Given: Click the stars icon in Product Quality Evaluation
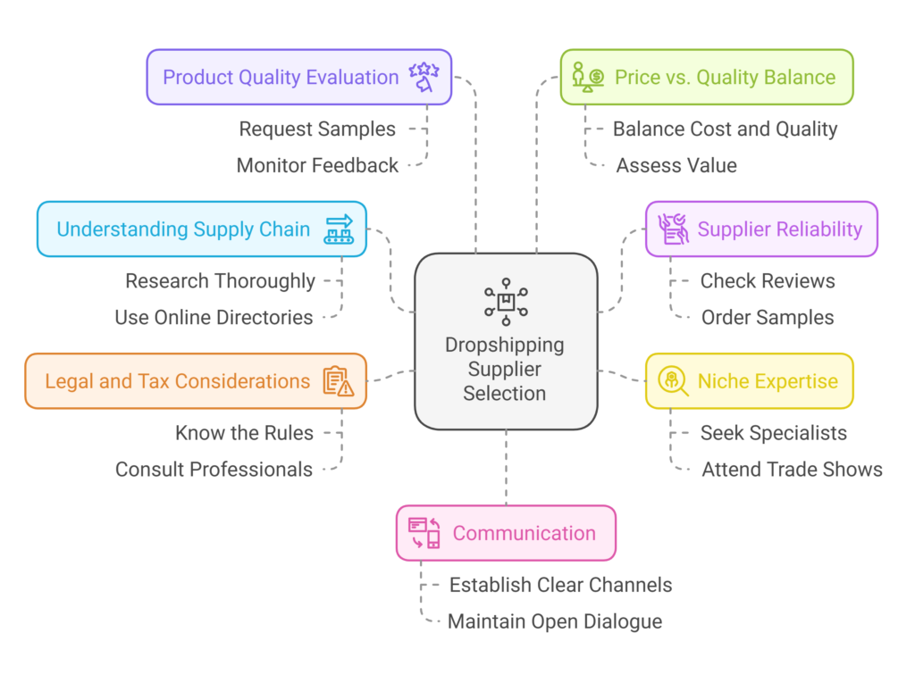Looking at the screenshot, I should [x=423, y=77].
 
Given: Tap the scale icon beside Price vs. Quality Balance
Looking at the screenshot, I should [x=589, y=77].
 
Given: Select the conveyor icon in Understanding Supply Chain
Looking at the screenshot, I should [x=339, y=229].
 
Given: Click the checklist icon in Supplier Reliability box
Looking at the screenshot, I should [x=673, y=229].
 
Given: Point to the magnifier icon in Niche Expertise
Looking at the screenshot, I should [x=673, y=381].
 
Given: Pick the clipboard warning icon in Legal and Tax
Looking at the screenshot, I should [x=338, y=381].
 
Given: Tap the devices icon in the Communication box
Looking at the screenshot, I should [x=424, y=533].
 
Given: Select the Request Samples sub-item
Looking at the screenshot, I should [x=317, y=129].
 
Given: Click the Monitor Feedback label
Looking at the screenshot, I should [x=317, y=165].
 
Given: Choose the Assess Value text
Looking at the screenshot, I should [x=676, y=165].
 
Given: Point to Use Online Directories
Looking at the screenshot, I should [x=214, y=317].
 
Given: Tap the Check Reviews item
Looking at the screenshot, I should [x=768, y=281].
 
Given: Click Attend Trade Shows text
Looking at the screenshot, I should [x=792, y=469].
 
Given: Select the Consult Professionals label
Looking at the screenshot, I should [x=214, y=469].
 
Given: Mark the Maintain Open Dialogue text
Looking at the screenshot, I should [x=555, y=621].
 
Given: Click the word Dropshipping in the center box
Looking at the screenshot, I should [x=505, y=346].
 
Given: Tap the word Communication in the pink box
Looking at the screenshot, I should [x=524, y=533].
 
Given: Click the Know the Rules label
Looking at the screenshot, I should [x=244, y=433].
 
